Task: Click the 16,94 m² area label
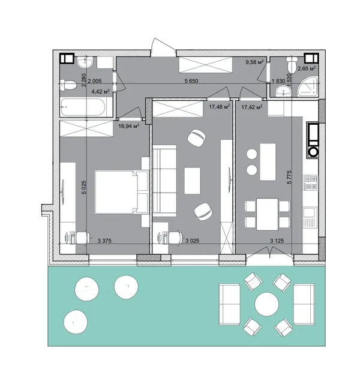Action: point(129,126)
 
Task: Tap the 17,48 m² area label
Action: point(220,107)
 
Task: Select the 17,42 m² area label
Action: point(252,107)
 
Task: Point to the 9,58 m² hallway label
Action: point(254,62)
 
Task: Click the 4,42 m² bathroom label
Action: point(100,92)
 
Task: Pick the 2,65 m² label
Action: point(307,68)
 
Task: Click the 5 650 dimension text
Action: point(191,81)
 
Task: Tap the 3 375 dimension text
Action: point(104,241)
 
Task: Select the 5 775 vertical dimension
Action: point(289,178)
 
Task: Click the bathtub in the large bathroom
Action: point(83,107)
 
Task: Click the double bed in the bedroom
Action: point(121,192)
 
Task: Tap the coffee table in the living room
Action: point(193,181)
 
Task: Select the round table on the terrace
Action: point(266,304)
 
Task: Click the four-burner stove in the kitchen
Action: point(311,182)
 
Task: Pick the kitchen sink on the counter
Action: point(310,212)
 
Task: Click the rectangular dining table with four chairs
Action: point(267,215)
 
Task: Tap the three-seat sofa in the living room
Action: point(164,181)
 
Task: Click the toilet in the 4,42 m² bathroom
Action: point(68,85)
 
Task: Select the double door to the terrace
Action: point(269,253)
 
